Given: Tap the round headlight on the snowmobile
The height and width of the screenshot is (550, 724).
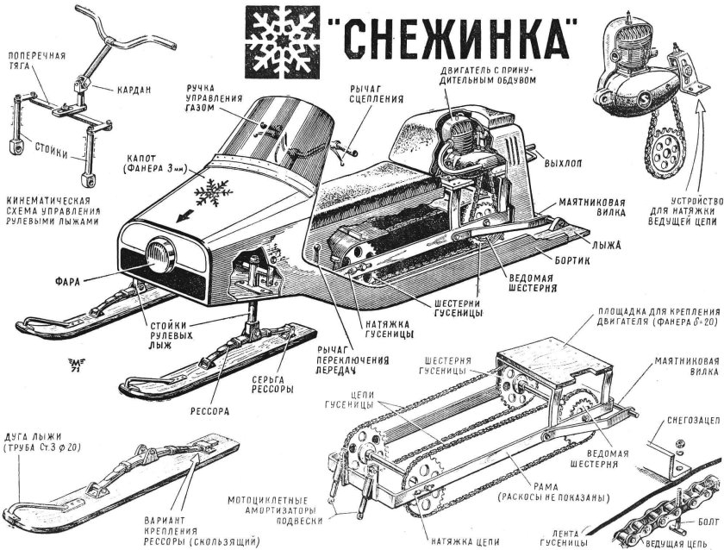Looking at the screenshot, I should coord(161,253).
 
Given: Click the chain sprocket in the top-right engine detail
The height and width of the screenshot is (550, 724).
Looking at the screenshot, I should coord(661,155).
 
